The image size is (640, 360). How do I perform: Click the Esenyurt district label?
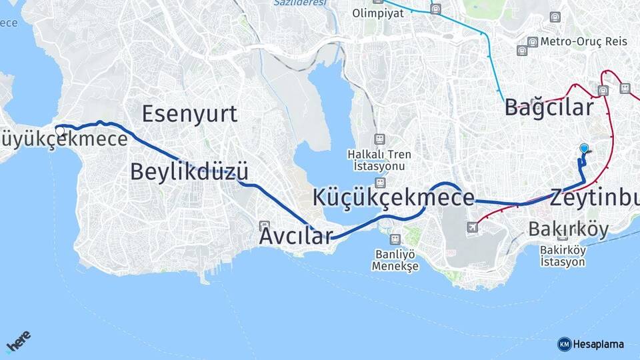[x=189, y=114]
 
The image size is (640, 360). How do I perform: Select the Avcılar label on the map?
[x=295, y=236]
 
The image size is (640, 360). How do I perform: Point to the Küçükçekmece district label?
[x=393, y=197]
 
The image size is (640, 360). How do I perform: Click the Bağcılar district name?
[x=549, y=107]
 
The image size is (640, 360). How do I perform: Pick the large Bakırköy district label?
[x=568, y=229]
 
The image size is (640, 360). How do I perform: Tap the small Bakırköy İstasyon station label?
[x=563, y=256]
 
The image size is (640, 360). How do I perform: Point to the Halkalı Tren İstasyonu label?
[x=379, y=159]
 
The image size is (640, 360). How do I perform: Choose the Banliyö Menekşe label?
[x=396, y=259]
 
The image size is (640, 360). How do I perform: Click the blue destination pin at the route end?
[x=584, y=149]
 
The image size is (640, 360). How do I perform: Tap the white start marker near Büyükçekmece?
[x=60, y=131]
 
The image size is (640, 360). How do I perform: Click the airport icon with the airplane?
[x=473, y=227]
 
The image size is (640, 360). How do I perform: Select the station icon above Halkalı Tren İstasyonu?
[x=379, y=139]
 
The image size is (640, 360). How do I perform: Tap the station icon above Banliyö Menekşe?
[x=395, y=239]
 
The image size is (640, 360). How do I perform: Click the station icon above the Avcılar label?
[x=265, y=225]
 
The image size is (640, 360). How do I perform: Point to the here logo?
[x=19, y=343]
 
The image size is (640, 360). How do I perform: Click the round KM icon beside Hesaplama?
[x=564, y=344]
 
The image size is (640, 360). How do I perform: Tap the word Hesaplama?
[x=598, y=344]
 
